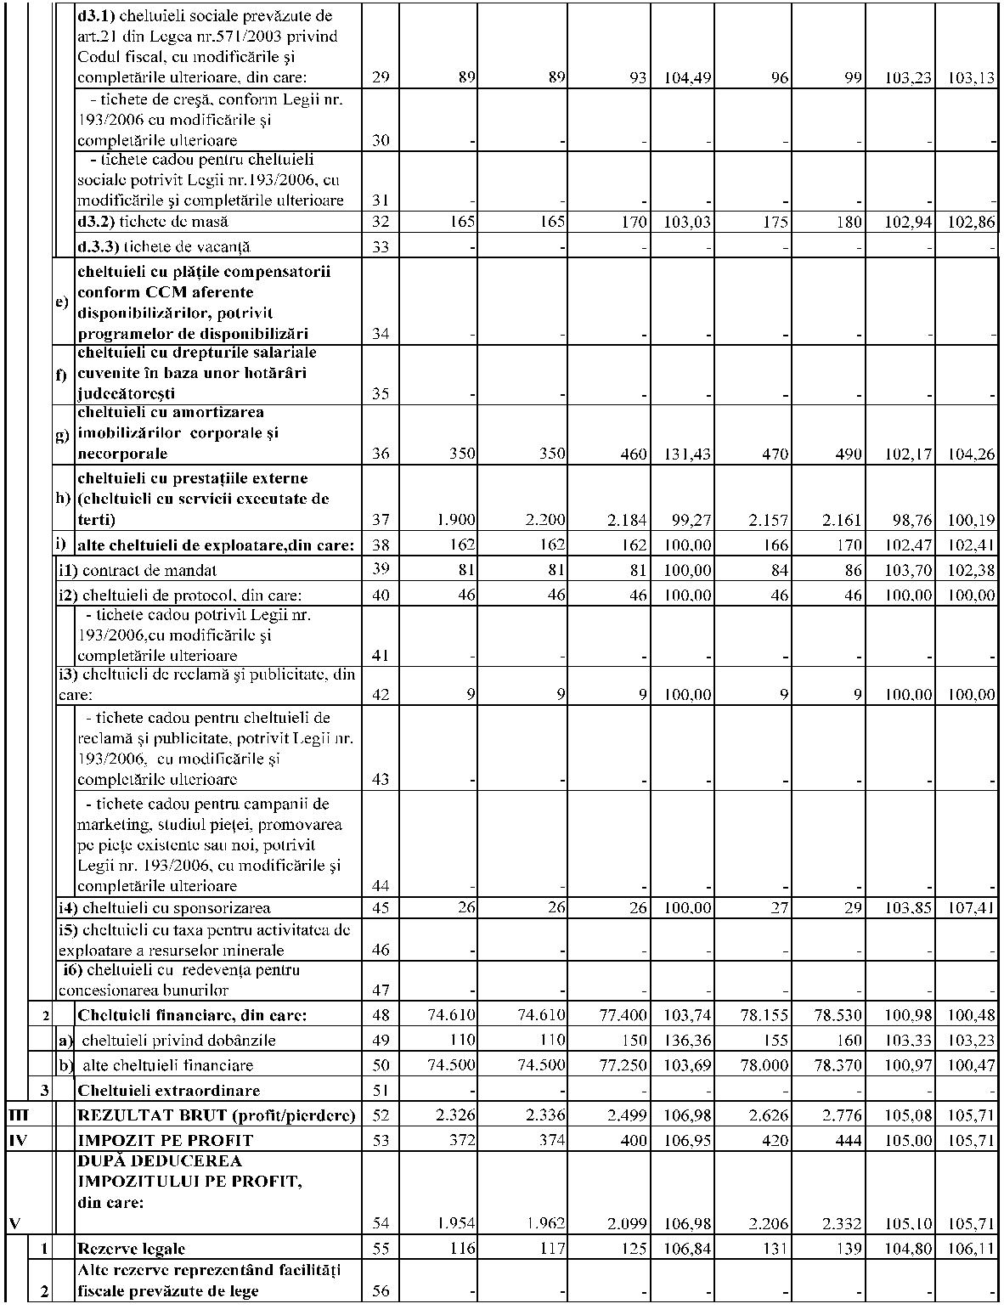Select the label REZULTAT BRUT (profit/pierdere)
(x=216, y=1115)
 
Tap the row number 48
(x=381, y=1015)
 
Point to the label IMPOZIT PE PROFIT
(x=165, y=1140)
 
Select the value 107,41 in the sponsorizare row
(x=971, y=908)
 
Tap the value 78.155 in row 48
(x=763, y=1015)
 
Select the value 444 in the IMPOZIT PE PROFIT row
(x=850, y=1140)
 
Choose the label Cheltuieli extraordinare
(x=169, y=1090)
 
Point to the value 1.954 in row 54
(x=456, y=1223)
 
